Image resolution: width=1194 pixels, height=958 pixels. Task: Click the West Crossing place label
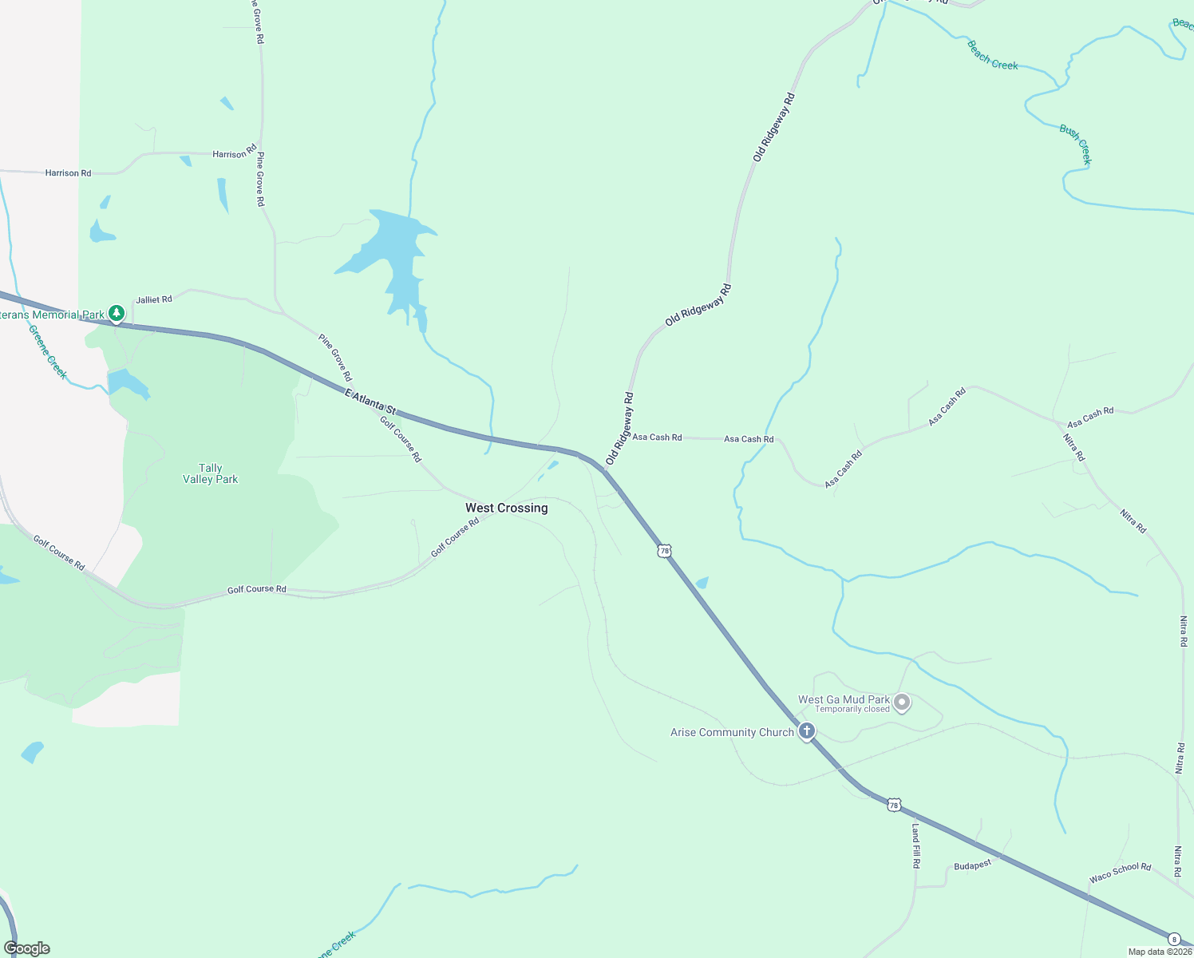[506, 508]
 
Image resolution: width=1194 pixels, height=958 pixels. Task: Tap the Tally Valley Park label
[210, 473]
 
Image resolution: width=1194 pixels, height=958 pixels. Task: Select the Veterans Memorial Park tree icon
[117, 313]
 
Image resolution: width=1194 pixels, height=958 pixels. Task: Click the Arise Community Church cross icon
[807, 730]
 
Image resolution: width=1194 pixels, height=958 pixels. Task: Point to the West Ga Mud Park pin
[902, 703]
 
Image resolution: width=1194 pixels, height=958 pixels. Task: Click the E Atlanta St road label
[370, 401]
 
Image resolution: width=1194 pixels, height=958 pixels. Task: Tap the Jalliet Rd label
[153, 300]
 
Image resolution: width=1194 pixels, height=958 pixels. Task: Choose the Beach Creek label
[992, 55]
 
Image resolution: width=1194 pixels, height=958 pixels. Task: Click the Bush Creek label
[1075, 144]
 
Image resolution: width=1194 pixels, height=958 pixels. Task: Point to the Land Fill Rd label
[915, 846]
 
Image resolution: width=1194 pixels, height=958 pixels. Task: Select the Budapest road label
[972, 865]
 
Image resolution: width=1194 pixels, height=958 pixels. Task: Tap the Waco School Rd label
[1120, 873]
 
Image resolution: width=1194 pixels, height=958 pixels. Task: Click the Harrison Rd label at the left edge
[68, 173]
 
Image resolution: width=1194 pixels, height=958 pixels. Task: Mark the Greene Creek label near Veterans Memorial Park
[48, 351]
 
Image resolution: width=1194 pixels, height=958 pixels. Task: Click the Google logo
[27, 948]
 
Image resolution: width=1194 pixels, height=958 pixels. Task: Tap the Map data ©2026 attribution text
[1159, 952]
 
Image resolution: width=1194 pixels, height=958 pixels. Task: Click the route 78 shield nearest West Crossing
[664, 551]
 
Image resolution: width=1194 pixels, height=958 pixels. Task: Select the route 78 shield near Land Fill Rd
[895, 805]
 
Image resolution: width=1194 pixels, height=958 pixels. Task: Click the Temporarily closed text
[852, 710]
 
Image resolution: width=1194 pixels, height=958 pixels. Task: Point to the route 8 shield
[1174, 939]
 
